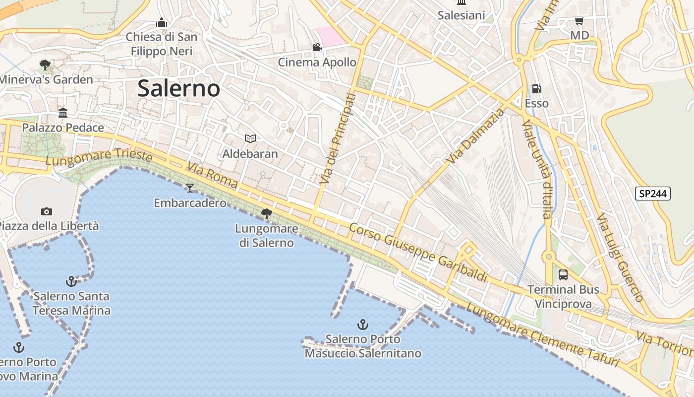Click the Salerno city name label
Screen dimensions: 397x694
coord(178,89)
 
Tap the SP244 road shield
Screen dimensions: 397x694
coord(652,194)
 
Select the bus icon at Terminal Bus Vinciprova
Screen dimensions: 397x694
coord(563,275)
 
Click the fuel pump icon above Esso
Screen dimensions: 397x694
coord(536,89)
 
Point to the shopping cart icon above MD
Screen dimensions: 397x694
coord(579,21)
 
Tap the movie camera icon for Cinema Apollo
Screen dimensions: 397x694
coord(317,48)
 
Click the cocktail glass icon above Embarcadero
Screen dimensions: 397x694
coord(189,188)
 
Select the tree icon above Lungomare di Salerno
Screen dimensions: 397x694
coord(267,214)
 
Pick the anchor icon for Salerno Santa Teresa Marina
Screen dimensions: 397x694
coord(71,281)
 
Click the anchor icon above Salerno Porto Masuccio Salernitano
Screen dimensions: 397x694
coord(363,325)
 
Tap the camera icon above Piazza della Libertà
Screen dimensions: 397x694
coord(47,211)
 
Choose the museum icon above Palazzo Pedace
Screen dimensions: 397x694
coord(63,113)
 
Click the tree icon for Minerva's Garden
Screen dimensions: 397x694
coord(45,65)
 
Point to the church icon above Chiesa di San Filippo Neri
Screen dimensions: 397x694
coord(161,22)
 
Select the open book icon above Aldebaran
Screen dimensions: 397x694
coord(250,138)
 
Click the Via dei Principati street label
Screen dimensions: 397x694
coord(338,139)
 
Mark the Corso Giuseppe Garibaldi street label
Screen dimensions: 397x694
coord(418,252)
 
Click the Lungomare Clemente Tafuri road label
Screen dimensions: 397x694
coord(542,335)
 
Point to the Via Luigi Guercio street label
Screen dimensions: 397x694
coord(620,258)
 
